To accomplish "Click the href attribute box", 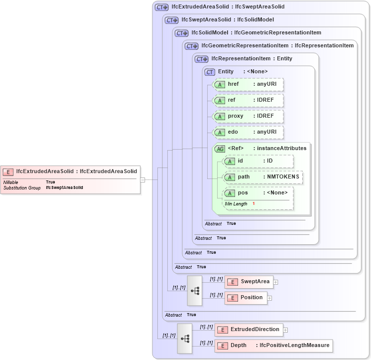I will (248, 84).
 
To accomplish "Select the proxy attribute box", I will (248, 116).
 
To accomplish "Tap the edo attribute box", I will (248, 132).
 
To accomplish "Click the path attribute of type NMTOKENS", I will (262, 177).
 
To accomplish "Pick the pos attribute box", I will (257, 193).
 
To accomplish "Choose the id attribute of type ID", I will (257, 161).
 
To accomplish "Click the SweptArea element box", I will (248, 282).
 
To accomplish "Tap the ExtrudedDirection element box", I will (248, 330).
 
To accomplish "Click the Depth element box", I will (272, 346).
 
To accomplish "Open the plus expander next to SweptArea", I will (275, 282).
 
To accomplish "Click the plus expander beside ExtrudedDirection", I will (285, 330).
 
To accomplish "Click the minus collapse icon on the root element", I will (142, 180).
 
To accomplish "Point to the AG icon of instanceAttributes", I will (220, 149).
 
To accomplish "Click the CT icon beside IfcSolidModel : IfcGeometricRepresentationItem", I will (181, 33).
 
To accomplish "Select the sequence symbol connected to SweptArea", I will (195, 290).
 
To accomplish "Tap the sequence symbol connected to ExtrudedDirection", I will (185, 338).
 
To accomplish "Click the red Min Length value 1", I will (253, 204).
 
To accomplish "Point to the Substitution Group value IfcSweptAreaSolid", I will (64, 188).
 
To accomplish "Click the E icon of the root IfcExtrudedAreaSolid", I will (8, 172).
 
